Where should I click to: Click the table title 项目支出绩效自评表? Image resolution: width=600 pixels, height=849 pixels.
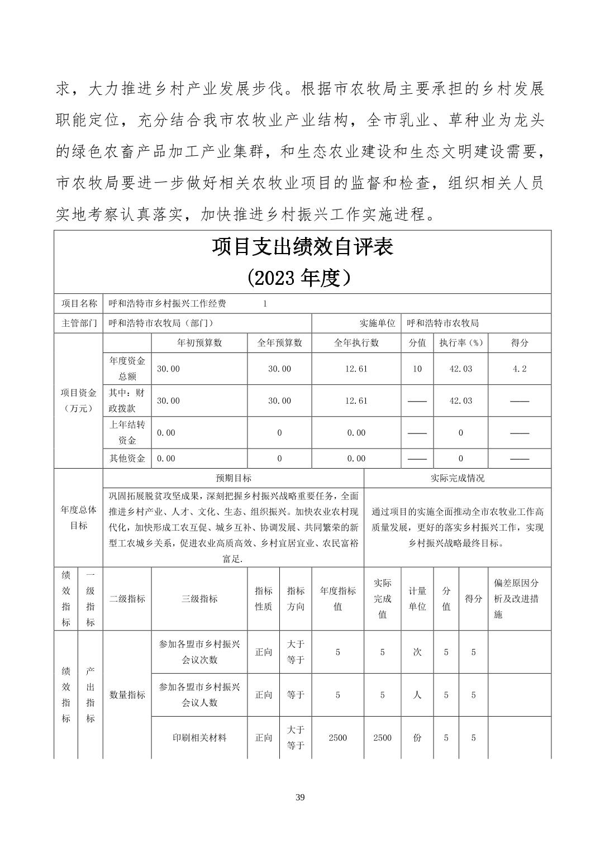(302, 246)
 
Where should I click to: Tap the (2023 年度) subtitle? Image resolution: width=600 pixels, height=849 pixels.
(302, 277)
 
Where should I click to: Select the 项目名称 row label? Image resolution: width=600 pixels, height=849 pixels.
(79, 303)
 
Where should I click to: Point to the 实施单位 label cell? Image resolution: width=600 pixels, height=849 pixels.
(377, 323)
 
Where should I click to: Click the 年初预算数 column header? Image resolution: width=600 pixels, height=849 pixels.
(199, 342)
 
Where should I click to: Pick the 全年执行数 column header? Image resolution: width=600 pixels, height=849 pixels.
(356, 342)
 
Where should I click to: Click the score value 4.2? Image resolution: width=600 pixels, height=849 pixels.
(519, 369)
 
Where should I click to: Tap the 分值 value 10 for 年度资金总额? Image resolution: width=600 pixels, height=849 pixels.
(417, 369)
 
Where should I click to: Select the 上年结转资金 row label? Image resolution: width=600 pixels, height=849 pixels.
(127, 432)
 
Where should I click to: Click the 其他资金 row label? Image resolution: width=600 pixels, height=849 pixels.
(127, 459)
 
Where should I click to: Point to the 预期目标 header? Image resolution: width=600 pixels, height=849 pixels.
(234, 478)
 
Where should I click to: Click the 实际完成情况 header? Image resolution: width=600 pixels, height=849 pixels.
(457, 478)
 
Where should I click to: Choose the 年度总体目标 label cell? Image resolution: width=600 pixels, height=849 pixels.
(79, 518)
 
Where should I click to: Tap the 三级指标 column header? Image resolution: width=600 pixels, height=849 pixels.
(199, 599)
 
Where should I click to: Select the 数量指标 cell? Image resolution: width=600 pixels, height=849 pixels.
(127, 694)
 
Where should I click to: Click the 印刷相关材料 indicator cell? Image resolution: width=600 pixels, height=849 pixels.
(199, 737)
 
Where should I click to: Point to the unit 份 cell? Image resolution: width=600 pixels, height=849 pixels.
(417, 737)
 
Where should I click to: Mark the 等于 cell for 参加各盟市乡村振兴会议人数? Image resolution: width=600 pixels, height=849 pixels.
(296, 695)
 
